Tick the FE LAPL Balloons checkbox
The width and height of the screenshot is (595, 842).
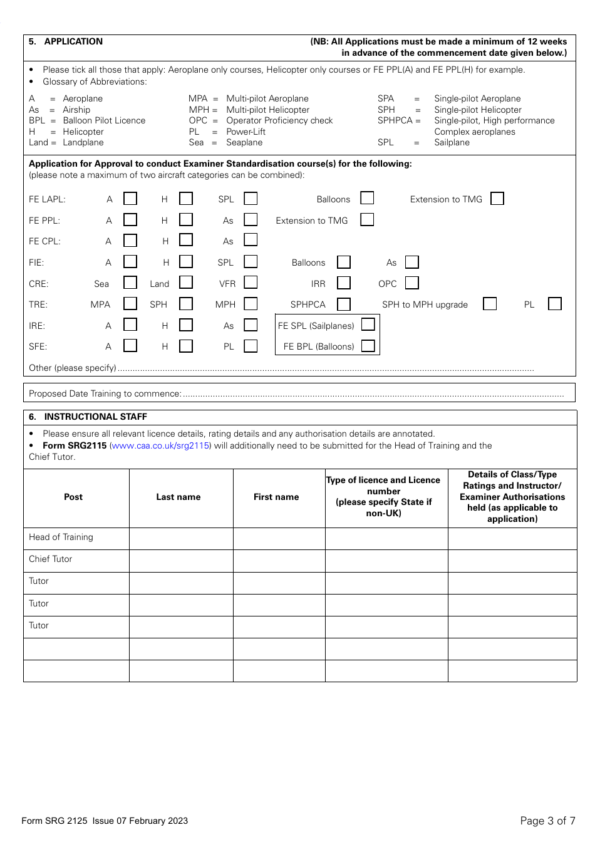point(367,198)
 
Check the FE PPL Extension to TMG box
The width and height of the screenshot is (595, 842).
point(367,219)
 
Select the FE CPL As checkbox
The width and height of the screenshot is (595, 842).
point(251,240)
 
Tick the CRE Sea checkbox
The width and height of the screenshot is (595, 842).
point(130,283)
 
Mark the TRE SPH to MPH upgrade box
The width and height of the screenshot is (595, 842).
point(490,304)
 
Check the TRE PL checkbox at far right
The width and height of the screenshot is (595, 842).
point(554,304)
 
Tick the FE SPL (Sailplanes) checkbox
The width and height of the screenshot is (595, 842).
point(368,325)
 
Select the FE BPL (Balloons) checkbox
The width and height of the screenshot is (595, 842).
point(368,346)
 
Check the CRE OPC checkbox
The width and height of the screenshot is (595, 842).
point(411,283)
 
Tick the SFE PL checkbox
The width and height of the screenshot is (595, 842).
point(251,346)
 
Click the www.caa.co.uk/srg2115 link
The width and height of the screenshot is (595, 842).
point(160,445)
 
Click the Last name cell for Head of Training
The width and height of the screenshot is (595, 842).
point(181,538)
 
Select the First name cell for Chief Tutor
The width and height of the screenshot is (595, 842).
point(279,560)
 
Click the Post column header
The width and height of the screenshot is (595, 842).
point(73,497)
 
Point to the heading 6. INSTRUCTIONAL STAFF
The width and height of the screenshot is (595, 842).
point(95,417)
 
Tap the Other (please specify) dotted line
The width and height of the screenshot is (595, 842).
point(326,368)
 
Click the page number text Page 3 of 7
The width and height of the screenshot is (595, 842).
point(547,821)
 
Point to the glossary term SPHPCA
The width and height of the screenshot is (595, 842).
point(395,120)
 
